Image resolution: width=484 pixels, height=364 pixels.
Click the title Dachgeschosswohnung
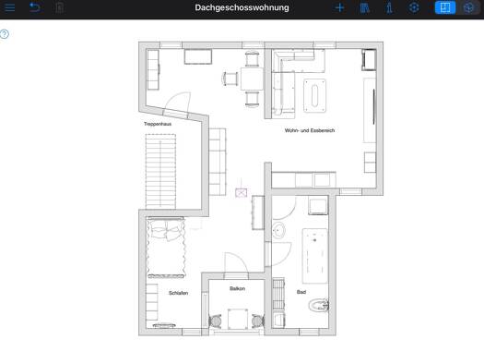pos(242,7)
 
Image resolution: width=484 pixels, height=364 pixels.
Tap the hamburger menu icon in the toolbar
pos(9,7)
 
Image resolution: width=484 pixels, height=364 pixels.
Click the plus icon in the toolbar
pos(340,7)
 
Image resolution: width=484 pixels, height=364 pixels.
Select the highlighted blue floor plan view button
pos(444,7)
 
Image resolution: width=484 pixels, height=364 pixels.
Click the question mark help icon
pos(5,34)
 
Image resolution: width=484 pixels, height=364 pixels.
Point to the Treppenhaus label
pos(158,124)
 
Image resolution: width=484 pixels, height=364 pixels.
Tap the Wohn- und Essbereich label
pos(310,130)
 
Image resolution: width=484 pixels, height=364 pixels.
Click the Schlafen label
pos(179,293)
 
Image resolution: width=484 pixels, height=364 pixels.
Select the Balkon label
pos(237,288)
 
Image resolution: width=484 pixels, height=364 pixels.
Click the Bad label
pos(301,292)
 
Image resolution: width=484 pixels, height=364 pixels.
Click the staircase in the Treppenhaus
pos(160,171)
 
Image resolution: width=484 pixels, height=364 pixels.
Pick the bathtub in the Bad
pos(315,256)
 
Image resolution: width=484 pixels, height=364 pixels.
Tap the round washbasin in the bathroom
pos(279,231)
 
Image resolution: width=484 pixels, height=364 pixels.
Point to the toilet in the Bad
pos(319,306)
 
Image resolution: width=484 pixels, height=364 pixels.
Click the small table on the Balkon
pos(238,319)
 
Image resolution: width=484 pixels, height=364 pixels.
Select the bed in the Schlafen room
pos(166,248)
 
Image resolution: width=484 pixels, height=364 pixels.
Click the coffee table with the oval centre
pos(315,95)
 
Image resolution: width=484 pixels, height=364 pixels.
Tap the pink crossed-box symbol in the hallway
pos(241,193)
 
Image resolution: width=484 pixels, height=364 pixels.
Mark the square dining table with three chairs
pos(252,79)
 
